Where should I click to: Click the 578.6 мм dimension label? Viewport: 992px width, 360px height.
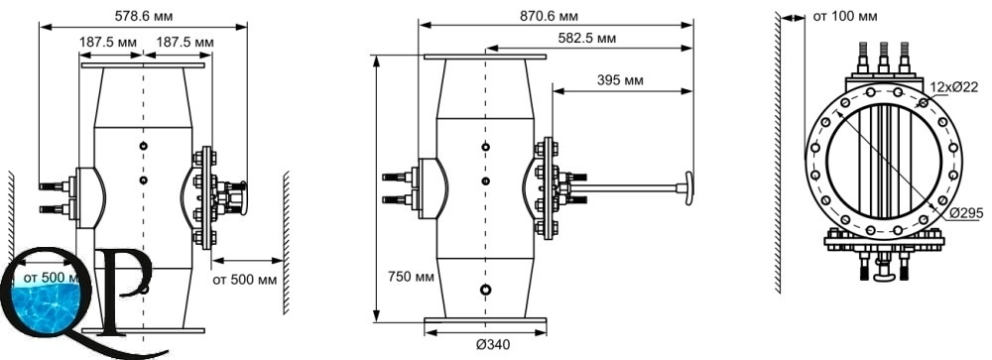click(x=144, y=15)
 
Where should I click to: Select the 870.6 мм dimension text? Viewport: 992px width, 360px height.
click(x=550, y=16)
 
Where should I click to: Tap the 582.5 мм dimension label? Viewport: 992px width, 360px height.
click(x=587, y=39)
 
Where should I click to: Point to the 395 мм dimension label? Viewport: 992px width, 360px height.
click(x=620, y=80)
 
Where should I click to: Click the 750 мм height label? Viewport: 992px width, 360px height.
click(x=411, y=277)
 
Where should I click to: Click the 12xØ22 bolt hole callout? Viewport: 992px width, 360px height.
click(x=953, y=87)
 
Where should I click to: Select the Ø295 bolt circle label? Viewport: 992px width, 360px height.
click(x=966, y=214)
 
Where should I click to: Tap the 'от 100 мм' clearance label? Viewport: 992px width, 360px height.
click(x=845, y=17)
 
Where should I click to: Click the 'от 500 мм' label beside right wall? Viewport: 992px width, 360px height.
click(x=245, y=280)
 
